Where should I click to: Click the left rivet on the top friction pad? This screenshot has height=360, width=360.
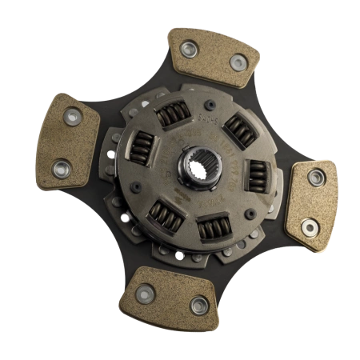[x=188, y=50]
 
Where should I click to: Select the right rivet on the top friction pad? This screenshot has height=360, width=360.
[x=237, y=63]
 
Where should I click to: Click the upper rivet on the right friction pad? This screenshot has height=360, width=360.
[x=317, y=178]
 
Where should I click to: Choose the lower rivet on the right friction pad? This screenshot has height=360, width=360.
[x=308, y=229]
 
